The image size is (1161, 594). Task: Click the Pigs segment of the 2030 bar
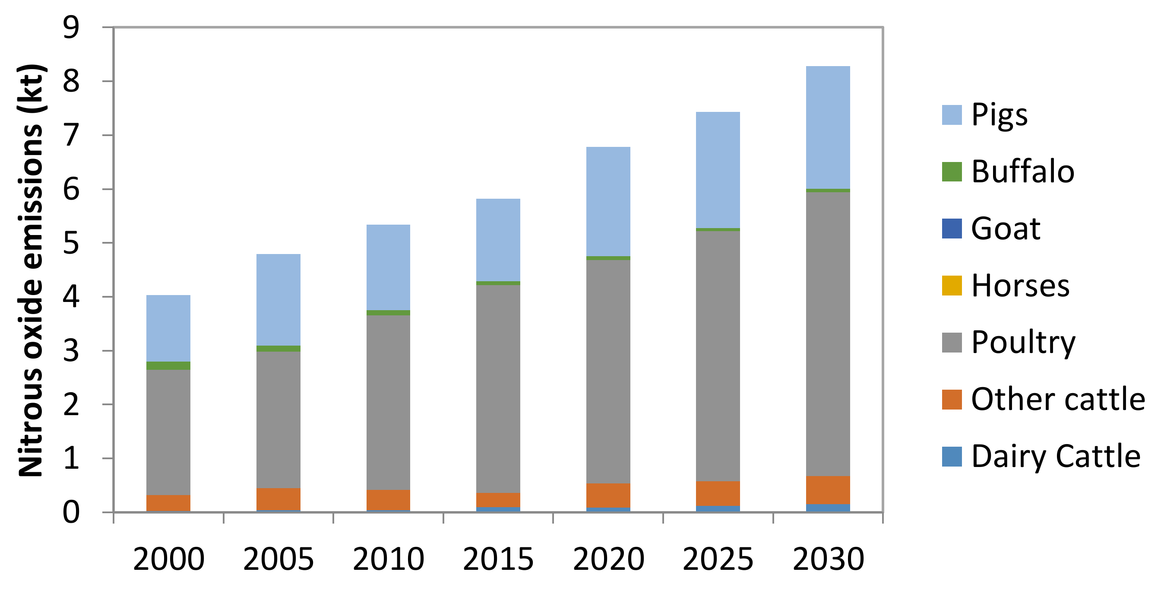coord(828,127)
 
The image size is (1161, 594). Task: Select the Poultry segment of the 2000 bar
coord(168,432)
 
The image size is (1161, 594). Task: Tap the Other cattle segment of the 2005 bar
coord(278,499)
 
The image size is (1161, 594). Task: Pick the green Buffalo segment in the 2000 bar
coord(168,365)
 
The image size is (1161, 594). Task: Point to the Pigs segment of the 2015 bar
coord(498,240)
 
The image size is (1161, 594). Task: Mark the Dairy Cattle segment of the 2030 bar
coord(828,508)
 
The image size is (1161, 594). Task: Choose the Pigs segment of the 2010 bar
coord(388,267)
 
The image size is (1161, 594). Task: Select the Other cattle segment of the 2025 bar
coord(718,493)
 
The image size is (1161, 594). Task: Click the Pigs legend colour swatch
coord(952,114)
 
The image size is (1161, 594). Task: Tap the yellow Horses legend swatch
coord(952,286)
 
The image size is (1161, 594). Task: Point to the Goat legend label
coord(1006,229)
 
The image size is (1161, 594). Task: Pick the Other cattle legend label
coord(1058,400)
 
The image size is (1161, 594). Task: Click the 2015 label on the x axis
coord(498,559)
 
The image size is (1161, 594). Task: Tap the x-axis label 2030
coord(828,559)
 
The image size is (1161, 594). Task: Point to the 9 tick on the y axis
coord(71,28)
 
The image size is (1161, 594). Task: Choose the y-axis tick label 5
coord(71,244)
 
